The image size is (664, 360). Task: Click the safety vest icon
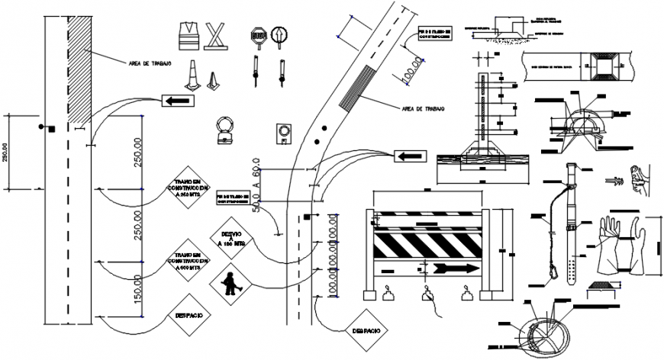[188, 36]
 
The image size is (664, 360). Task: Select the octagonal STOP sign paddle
[256, 37]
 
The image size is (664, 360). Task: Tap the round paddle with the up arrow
[280, 36]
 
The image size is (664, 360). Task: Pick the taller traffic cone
[192, 75]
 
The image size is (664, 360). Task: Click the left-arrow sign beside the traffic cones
[177, 100]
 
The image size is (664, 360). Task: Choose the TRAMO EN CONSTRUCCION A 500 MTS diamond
[187, 262]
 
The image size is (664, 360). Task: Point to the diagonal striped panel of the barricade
[427, 244]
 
